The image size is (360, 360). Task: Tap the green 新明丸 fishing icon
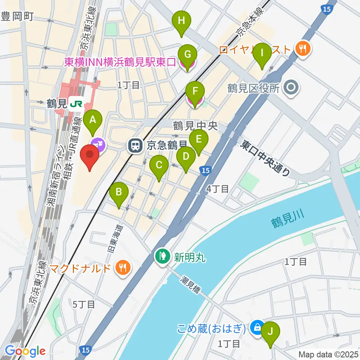[x=162, y=257]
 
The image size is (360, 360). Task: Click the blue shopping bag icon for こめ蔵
[x=257, y=327]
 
